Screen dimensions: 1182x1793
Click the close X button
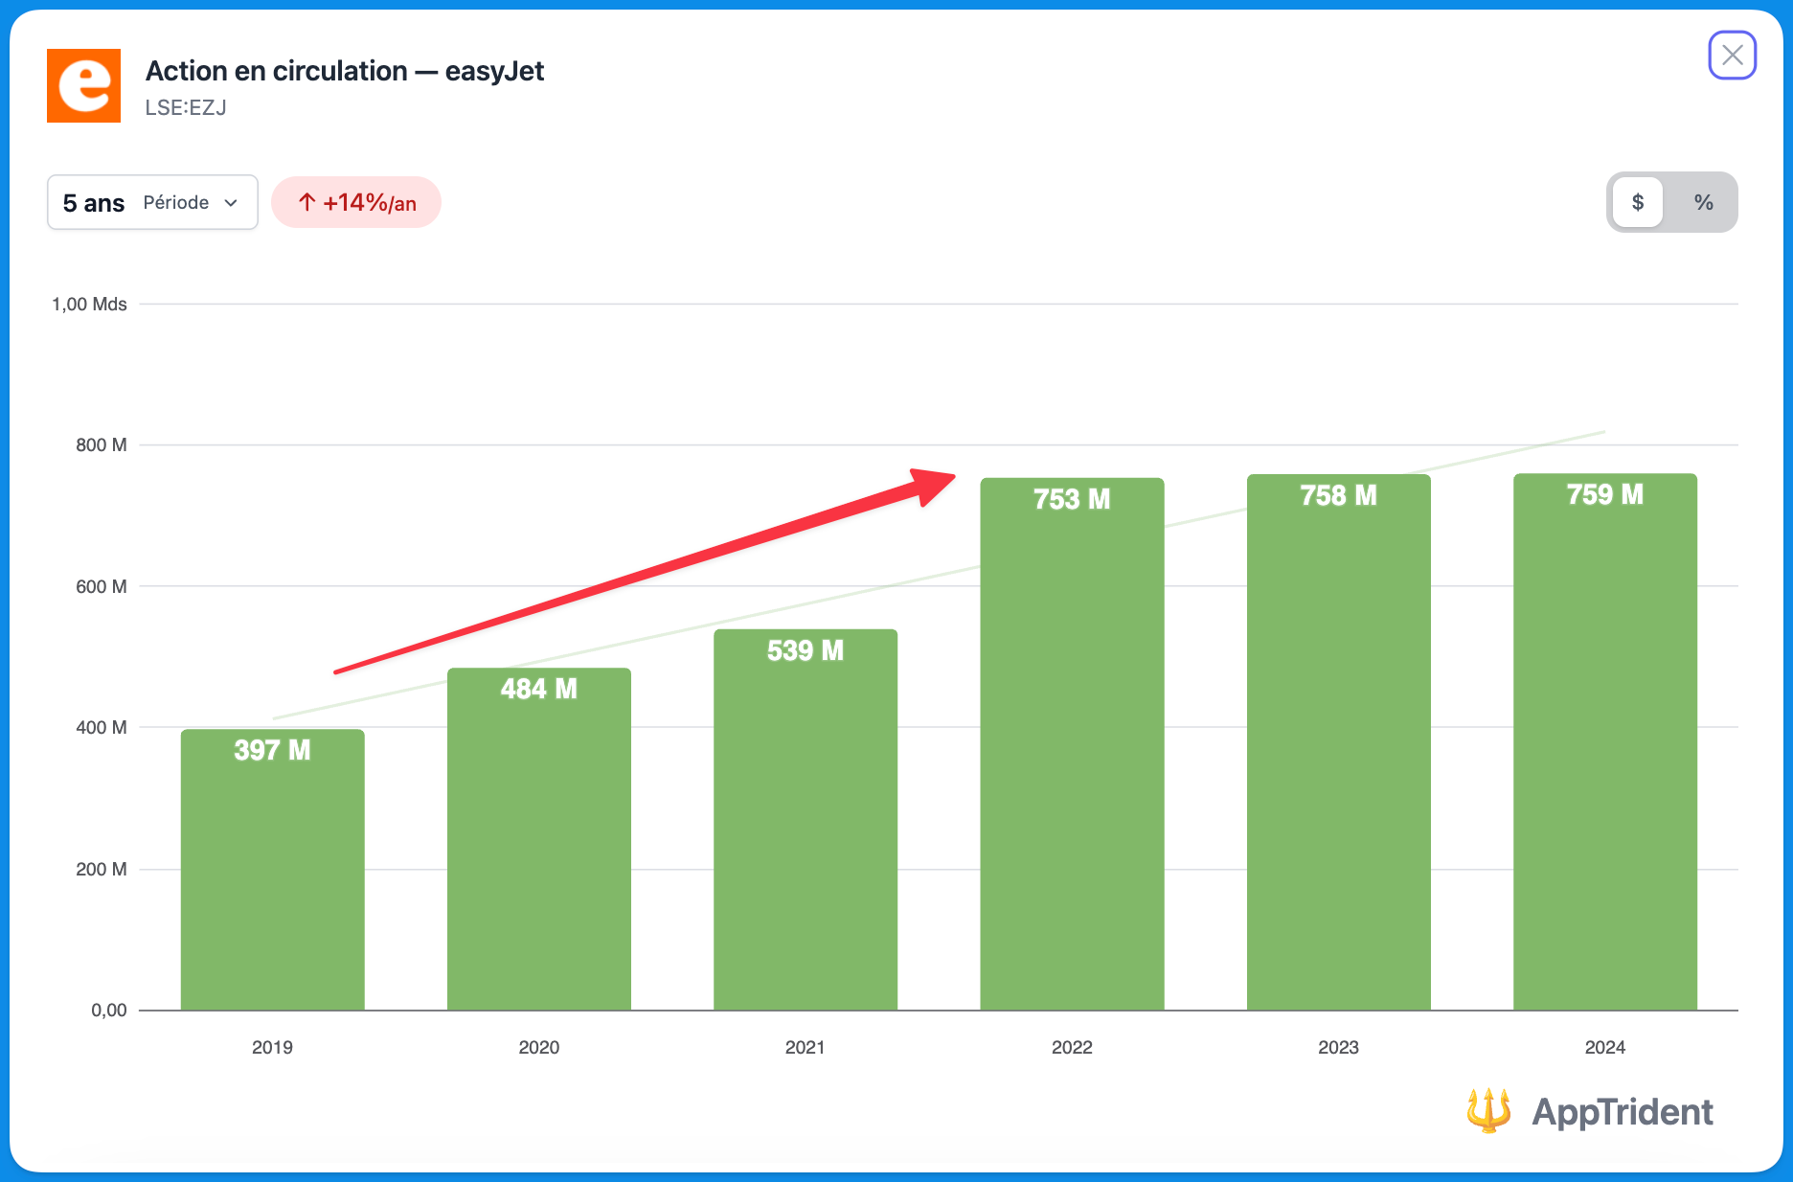pos(1732,56)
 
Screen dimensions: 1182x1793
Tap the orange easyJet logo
pos(84,86)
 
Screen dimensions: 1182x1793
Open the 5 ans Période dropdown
pos(152,202)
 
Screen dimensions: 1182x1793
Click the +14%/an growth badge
pos(356,202)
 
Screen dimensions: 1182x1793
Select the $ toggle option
pos(1638,202)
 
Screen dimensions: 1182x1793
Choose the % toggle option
pos(1703,202)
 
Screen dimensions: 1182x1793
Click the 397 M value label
pos(272,750)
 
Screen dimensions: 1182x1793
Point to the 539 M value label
pos(805,651)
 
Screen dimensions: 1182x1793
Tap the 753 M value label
pos(1071,499)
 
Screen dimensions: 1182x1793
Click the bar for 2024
pos(1604,766)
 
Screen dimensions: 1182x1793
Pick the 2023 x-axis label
pos(1338,1047)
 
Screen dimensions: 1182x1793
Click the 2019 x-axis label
pos(272,1047)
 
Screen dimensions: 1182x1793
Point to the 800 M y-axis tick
pos(102,444)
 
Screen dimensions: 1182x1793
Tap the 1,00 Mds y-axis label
pos(89,304)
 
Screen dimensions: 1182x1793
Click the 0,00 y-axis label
pos(109,1010)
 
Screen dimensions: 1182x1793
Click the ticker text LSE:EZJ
pos(186,107)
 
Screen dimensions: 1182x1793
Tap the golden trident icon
pos(1488,1110)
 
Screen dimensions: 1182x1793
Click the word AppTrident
pos(1623,1111)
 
